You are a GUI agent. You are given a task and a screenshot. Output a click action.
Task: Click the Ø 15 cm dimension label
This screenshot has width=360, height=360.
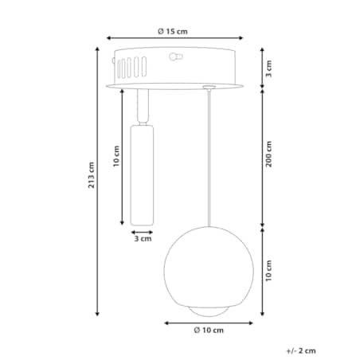(172, 31)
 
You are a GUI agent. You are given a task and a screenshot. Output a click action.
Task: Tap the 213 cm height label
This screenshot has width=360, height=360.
(90, 182)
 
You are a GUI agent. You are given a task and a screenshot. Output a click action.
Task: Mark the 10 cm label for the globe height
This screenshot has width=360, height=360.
(269, 271)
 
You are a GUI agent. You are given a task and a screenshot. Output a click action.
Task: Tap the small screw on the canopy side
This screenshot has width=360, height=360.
(175, 57)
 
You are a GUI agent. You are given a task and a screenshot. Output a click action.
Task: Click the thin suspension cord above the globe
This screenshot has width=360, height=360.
(209, 159)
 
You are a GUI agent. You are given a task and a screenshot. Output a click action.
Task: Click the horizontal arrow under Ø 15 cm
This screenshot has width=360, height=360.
(172, 39)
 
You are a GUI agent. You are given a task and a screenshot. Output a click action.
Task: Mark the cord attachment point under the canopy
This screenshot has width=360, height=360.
(209, 87)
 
